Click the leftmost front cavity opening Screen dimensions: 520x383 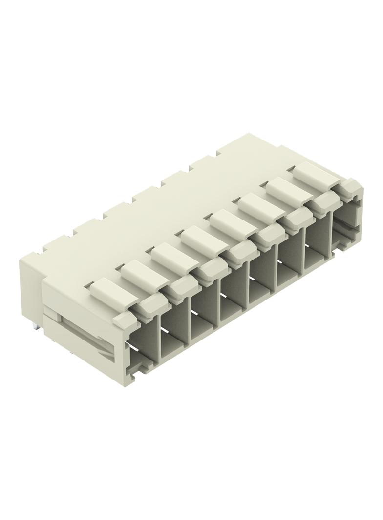point(142,344)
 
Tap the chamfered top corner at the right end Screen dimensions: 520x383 point(352,185)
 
